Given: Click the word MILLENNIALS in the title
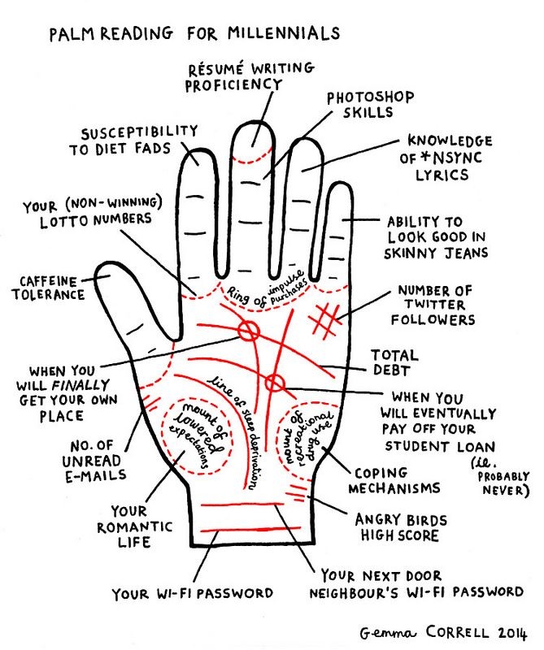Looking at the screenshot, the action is pos(284,33).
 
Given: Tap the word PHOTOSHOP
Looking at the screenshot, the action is pos(371,97).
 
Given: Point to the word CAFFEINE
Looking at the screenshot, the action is pos(48,281).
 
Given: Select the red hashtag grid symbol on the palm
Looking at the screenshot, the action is pos(325,319).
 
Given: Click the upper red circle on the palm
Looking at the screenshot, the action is pos(249,331).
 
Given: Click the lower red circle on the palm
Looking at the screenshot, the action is pos(275,383).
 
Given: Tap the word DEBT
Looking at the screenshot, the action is pos(392,370).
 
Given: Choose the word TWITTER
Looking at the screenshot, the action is pos(435,305).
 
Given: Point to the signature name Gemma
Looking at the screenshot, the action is pos(387,633).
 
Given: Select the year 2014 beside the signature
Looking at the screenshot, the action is pos(512,633).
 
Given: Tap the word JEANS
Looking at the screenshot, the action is pos(467,253).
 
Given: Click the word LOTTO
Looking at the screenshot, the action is pos(64,221).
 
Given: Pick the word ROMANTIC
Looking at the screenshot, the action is pos(134,526).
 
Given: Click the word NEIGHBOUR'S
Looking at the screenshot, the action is pos(355,593).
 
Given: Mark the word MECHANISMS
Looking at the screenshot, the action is pos(394,488).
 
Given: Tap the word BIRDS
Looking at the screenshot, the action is pos(420,520).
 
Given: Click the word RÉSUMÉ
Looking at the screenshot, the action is pos(215,69).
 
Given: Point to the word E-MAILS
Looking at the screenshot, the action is pos(95,475).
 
